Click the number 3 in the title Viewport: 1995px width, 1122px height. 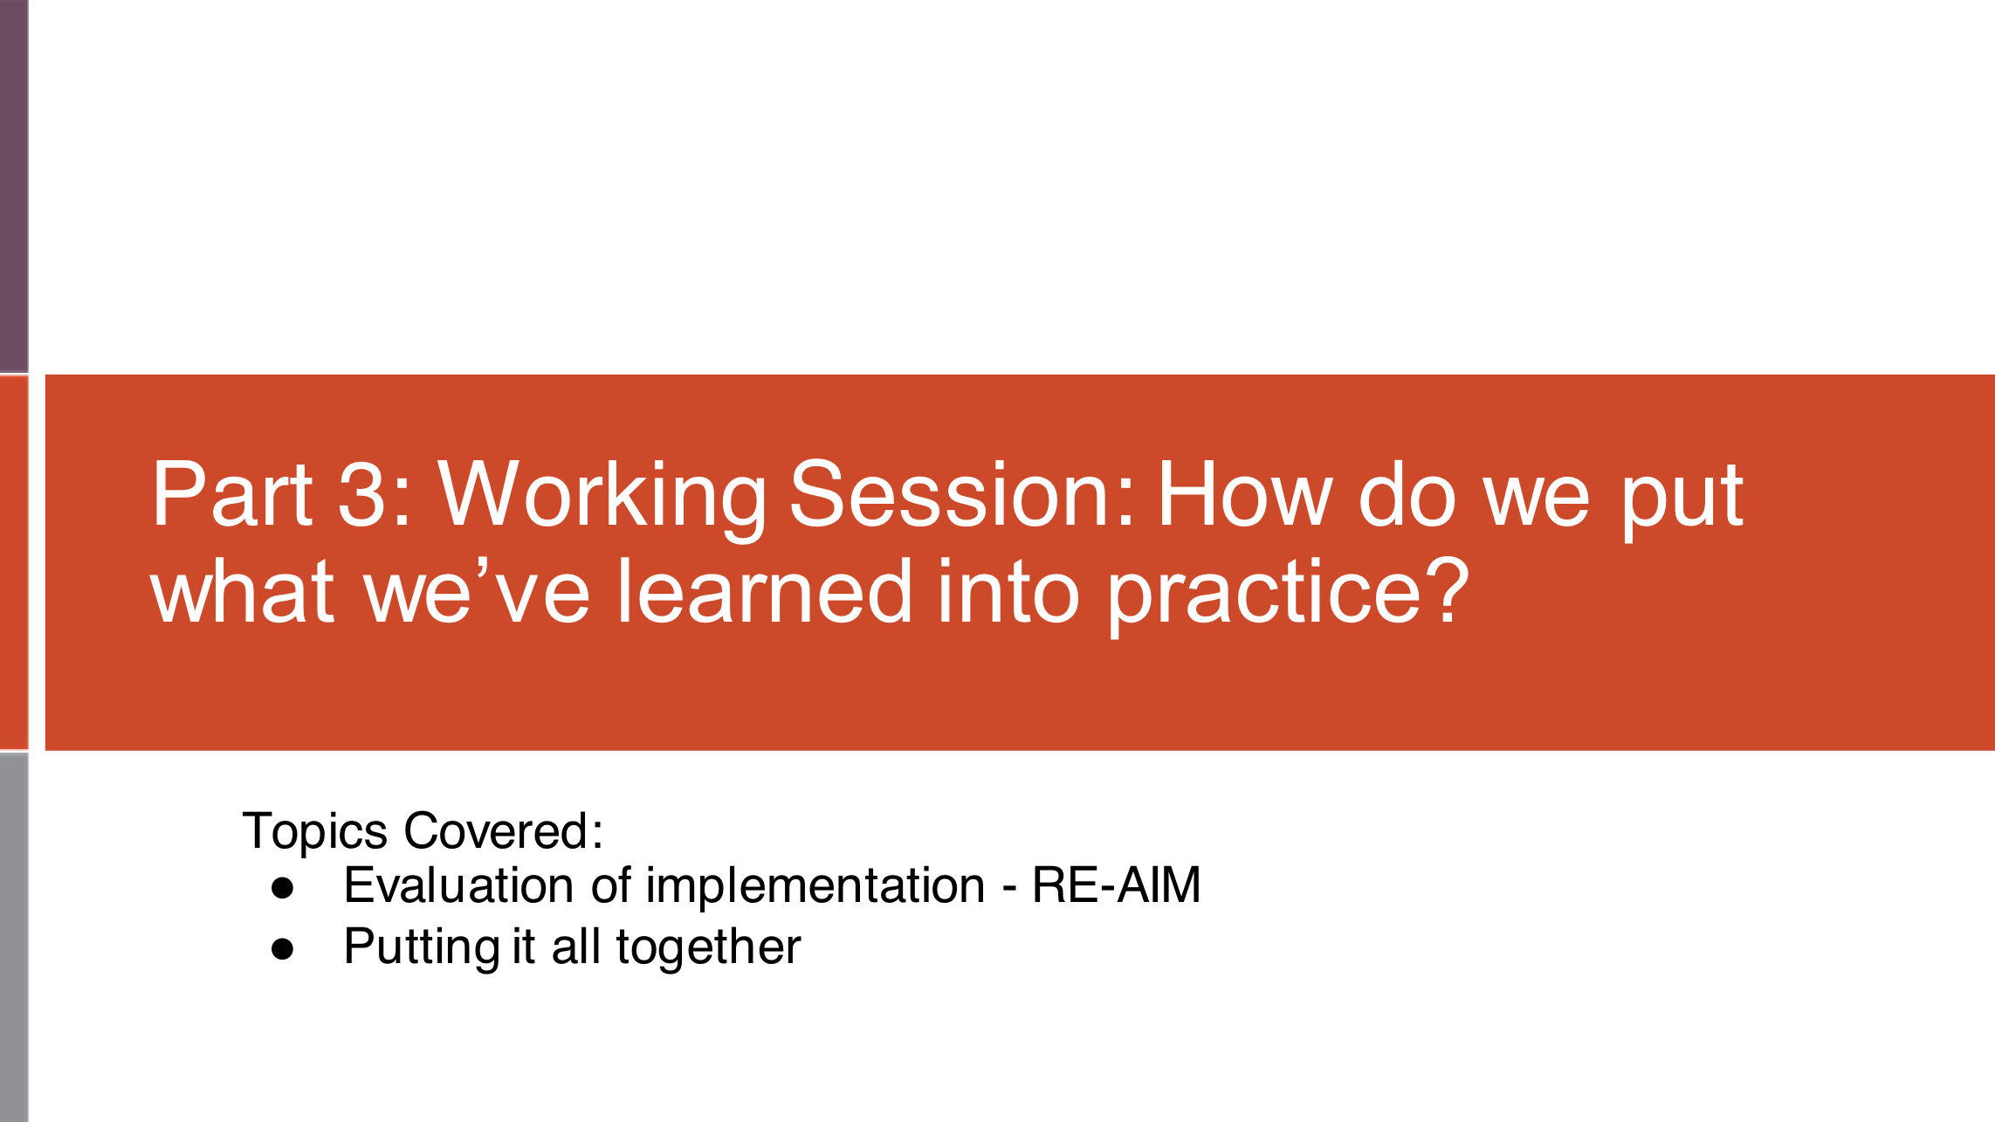[x=361, y=495]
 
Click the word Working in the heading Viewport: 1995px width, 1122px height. [x=601, y=495]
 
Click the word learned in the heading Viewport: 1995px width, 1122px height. [x=765, y=592]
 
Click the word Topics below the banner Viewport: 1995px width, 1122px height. [x=314, y=830]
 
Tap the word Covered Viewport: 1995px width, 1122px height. [x=503, y=830]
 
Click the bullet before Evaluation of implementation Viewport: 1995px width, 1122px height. [x=282, y=888]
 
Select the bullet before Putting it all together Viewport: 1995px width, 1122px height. [x=282, y=949]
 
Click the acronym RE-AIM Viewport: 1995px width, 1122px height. [x=1116, y=885]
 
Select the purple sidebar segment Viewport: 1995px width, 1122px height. [x=14, y=186]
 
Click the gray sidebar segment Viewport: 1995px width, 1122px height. [x=14, y=936]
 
